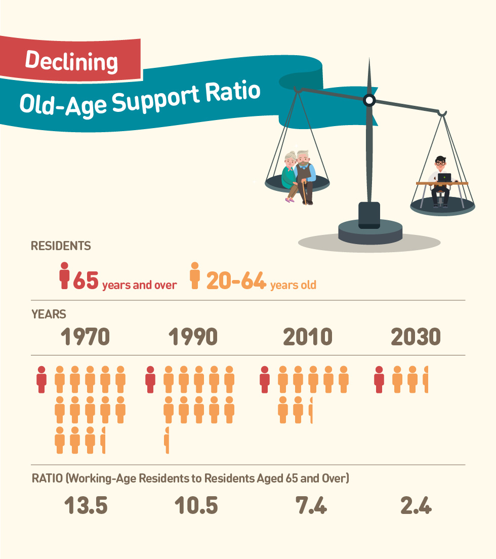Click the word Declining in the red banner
coord(71,61)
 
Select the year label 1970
coord(85,337)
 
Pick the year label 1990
coord(193,337)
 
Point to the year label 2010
coord(308,337)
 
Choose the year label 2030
coord(416,337)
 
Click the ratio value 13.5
coord(86,505)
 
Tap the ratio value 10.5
coord(196,505)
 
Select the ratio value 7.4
coord(311,505)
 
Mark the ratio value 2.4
coord(416,505)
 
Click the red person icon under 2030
coord(379,380)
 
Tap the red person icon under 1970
coord(42,380)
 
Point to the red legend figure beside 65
coord(64,275)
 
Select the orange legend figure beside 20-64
coord(194,275)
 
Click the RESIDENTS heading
coord(61,246)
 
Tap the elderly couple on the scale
coord(299,177)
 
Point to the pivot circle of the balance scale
coord(369,101)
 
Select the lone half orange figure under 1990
coord(167,441)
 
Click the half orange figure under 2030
coord(426,380)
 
